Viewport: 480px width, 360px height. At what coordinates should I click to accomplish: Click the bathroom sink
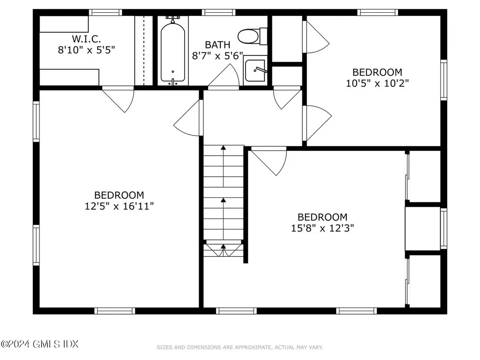tap(255, 71)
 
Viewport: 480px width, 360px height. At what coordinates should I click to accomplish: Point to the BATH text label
tap(217, 45)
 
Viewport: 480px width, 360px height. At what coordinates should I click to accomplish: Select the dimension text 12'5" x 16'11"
tap(119, 206)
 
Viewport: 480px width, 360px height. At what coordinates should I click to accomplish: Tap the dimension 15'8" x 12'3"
tap(322, 228)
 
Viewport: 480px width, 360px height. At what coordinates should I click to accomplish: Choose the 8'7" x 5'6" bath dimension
tap(217, 56)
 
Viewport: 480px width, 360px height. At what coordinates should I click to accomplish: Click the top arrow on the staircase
tap(224, 149)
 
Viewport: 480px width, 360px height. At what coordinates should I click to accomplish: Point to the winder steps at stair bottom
tap(224, 249)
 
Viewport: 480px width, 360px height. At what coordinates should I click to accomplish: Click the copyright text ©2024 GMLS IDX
tap(39, 344)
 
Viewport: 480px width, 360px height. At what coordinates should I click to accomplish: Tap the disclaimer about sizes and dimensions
tap(240, 347)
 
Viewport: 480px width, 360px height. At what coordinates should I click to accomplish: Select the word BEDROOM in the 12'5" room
tap(119, 195)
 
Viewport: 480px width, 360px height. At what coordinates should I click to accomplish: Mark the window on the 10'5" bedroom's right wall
tap(443, 80)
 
